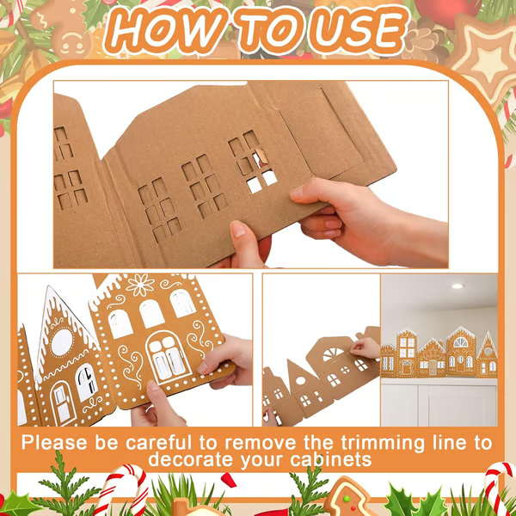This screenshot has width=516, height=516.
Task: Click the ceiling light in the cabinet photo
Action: point(457,286)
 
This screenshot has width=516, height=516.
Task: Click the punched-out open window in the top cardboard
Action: point(261,181)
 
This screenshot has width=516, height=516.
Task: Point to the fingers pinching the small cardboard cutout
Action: point(365,346)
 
